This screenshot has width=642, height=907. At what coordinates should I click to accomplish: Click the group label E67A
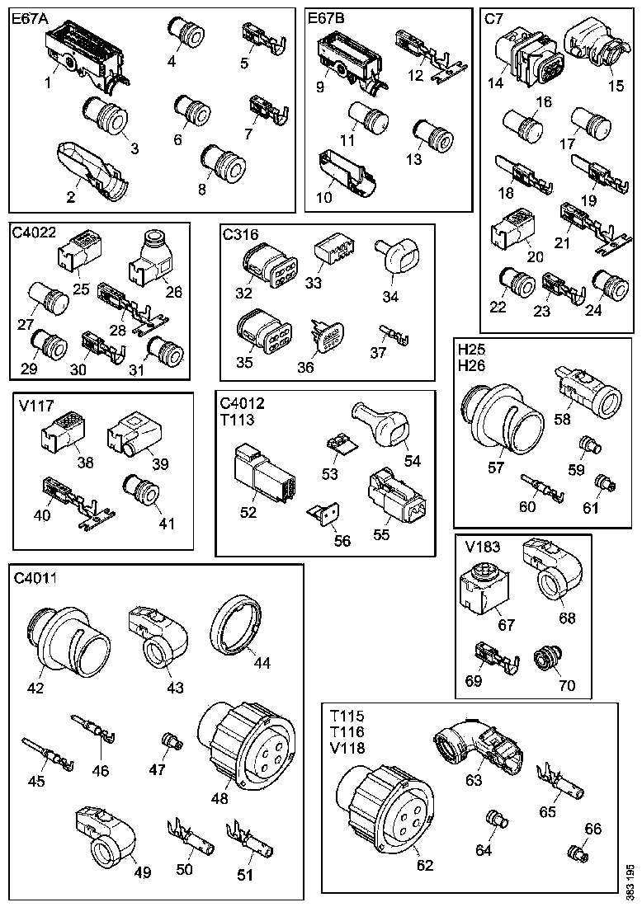(x=31, y=18)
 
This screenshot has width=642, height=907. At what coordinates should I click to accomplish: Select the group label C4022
(x=35, y=233)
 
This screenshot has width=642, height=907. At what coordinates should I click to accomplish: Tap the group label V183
(x=483, y=546)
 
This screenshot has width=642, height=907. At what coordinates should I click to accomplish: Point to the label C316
(x=241, y=234)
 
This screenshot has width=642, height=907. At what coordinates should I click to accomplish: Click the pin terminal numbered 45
(x=49, y=754)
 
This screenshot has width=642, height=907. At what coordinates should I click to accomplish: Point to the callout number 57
(x=496, y=468)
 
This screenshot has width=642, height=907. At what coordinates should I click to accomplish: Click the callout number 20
(x=536, y=256)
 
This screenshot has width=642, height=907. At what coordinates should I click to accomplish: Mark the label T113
(x=238, y=417)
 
